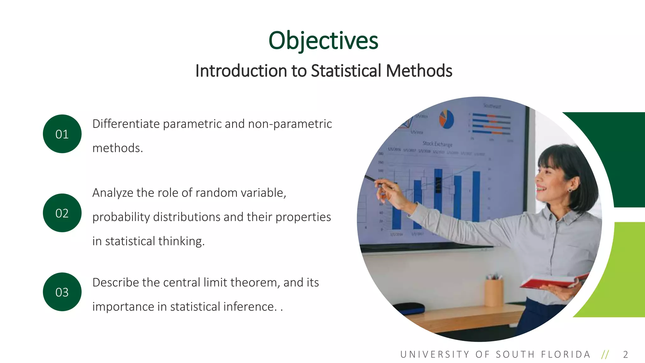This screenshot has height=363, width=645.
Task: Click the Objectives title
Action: [x=323, y=41]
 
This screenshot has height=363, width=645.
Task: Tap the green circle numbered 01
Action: [x=62, y=134]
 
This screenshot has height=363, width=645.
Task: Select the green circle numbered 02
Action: [x=62, y=213]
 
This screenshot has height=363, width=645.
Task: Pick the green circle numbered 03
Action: [x=62, y=292]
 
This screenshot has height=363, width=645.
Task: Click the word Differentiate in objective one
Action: [x=126, y=124]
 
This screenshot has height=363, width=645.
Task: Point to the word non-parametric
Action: [x=290, y=124]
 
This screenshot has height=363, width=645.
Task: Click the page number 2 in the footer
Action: [x=625, y=354]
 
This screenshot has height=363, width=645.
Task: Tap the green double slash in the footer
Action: [x=605, y=354]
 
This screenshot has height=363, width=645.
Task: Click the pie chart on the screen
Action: [x=447, y=119]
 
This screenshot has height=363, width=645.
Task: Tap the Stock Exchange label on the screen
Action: [x=437, y=144]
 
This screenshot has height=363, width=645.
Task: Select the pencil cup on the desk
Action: [x=494, y=291]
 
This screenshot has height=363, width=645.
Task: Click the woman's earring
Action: [x=570, y=190]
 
